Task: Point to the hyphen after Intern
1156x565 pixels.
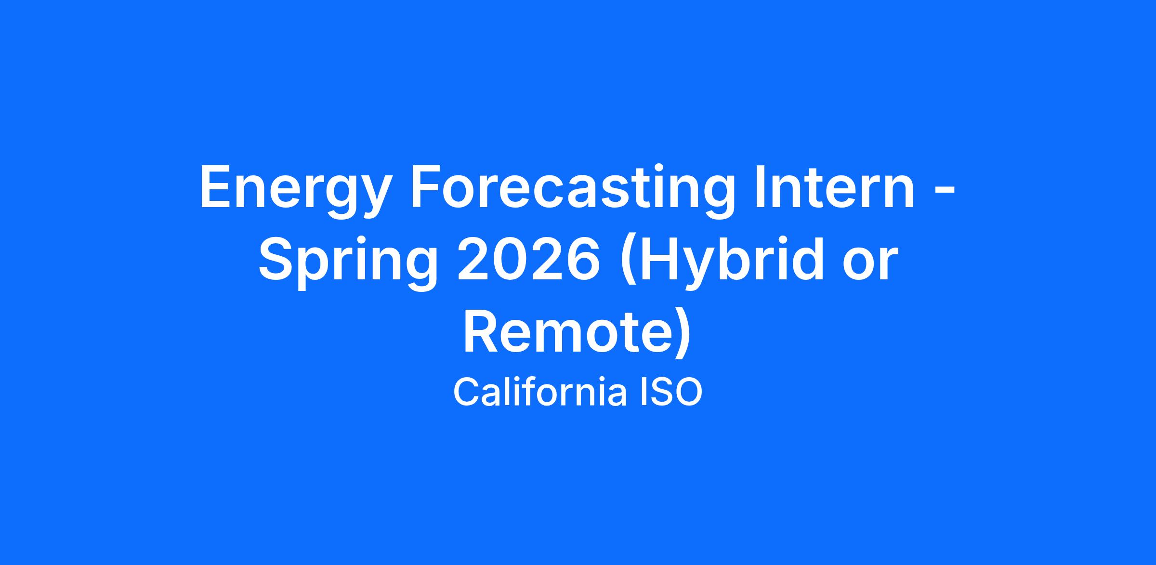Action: [x=945, y=192]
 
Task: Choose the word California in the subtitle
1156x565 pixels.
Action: [x=540, y=393]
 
